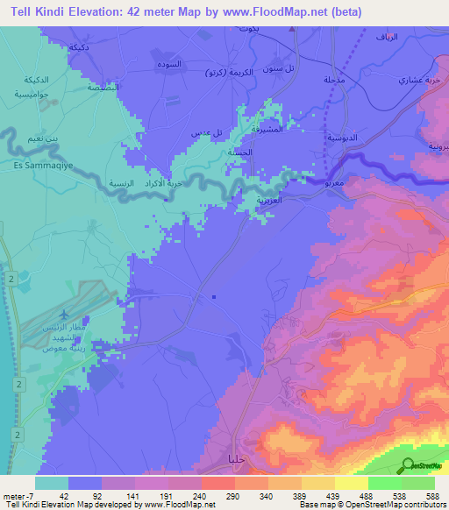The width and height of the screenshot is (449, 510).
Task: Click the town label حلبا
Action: point(236,458)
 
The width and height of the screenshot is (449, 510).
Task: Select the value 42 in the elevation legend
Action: point(62,495)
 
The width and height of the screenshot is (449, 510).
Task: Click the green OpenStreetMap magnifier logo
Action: point(408,466)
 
